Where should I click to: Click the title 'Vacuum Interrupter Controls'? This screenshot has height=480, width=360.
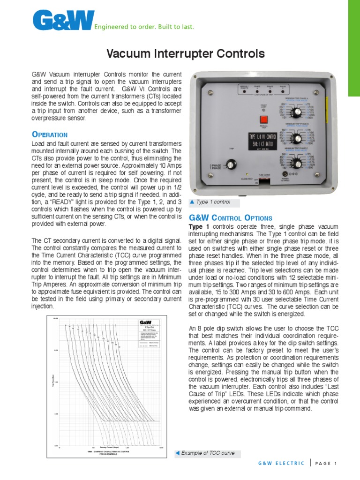[x=186, y=54]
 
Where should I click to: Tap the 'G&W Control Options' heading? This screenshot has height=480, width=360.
[x=230, y=218]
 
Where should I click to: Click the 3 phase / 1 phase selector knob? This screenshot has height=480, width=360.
[x=231, y=164]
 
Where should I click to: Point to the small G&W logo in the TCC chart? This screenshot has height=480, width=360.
[x=146, y=322]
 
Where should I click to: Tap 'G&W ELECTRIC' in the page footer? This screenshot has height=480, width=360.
[x=281, y=464]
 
